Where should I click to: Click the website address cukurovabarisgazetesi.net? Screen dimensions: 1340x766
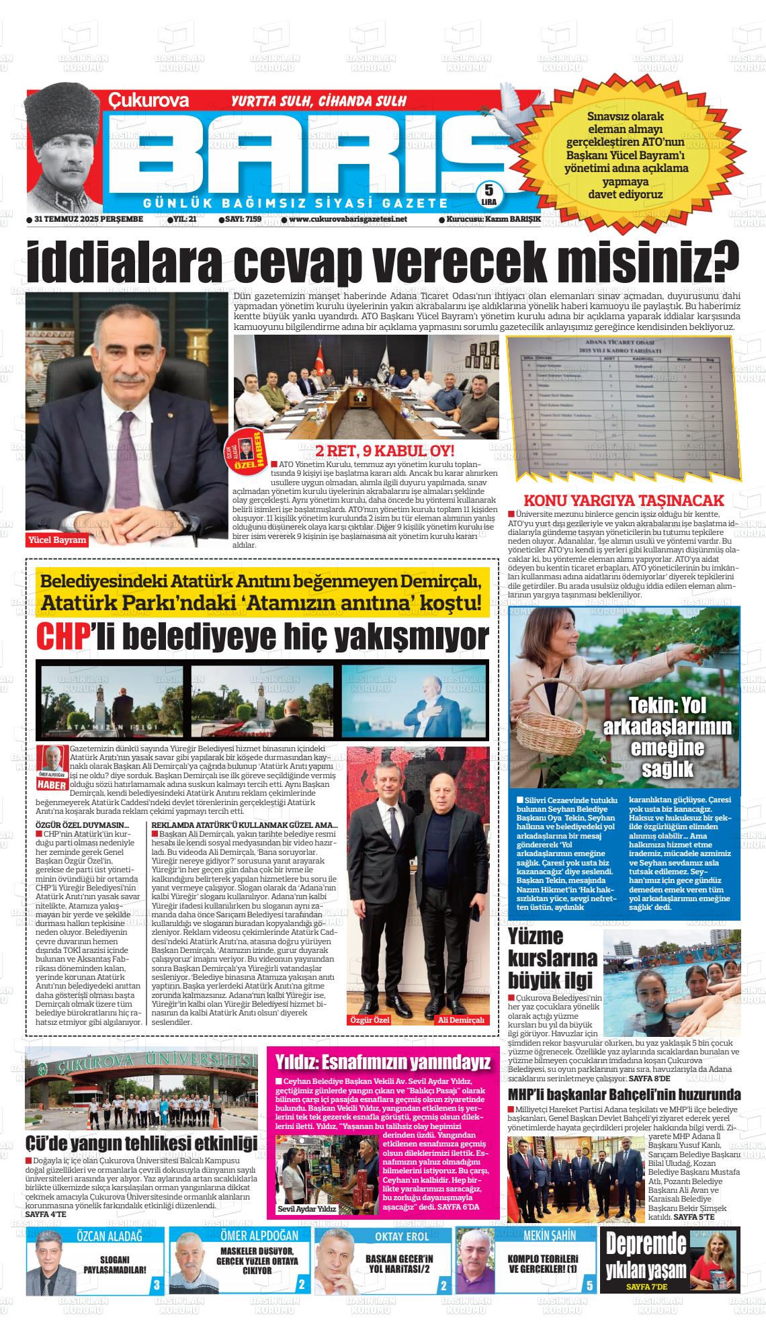(348, 219)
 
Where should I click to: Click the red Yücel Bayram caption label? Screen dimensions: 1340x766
(57, 540)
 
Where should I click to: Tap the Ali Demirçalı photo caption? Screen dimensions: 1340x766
(461, 1020)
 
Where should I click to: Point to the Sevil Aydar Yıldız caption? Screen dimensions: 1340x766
(307, 1208)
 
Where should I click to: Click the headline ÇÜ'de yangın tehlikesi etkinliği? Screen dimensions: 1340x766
(141, 1143)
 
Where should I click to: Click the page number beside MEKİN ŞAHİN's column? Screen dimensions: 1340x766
(589, 1286)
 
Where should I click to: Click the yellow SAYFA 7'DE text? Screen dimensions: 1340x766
(646, 1287)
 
